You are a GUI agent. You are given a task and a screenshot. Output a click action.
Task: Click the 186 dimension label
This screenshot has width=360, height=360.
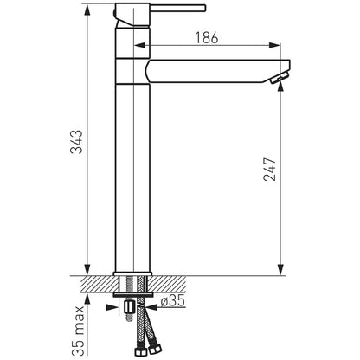pyautogui.click(x=207, y=38)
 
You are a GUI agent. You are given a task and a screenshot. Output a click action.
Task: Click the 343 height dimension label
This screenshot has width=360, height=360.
pyautogui.click(x=76, y=142)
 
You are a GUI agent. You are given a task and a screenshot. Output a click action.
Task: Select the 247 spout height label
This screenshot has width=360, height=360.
pyautogui.click(x=270, y=169)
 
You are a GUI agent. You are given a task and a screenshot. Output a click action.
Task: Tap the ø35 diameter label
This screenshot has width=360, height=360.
pyautogui.click(x=172, y=301)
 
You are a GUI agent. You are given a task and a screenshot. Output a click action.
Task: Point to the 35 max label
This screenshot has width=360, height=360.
pyautogui.click(x=78, y=331)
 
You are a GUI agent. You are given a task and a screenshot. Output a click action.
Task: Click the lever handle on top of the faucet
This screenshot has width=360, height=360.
pyautogui.click(x=177, y=8)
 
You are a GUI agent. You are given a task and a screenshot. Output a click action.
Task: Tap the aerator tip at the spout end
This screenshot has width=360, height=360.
pyautogui.click(x=280, y=78)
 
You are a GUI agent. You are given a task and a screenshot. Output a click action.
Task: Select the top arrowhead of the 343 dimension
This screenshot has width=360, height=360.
pyautogui.click(x=87, y=10)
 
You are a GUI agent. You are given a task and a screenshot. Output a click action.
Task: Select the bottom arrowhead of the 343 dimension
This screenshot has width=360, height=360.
pyautogui.click(x=87, y=269)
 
